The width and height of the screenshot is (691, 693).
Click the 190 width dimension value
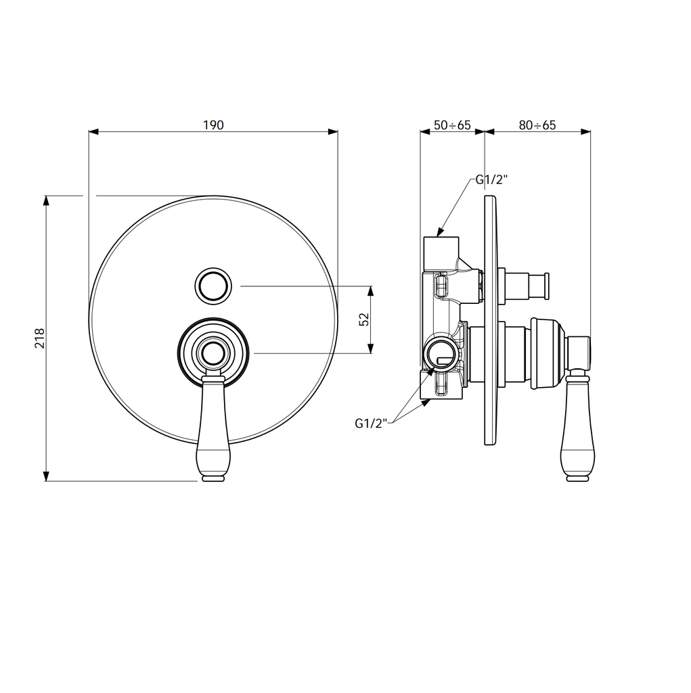[213, 125]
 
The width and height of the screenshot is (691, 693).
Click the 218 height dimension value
[39, 338]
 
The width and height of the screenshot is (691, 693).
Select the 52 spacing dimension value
[364, 319]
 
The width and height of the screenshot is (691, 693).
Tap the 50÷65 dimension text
[451, 125]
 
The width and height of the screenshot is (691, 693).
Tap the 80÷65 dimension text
[537, 125]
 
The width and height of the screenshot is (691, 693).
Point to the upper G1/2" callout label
[491, 180]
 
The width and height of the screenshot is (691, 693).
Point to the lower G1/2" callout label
[370, 424]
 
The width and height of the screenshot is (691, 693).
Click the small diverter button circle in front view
[213, 286]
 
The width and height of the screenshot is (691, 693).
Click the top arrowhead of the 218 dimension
[46, 200]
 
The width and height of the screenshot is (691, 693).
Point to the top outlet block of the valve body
[441, 252]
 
